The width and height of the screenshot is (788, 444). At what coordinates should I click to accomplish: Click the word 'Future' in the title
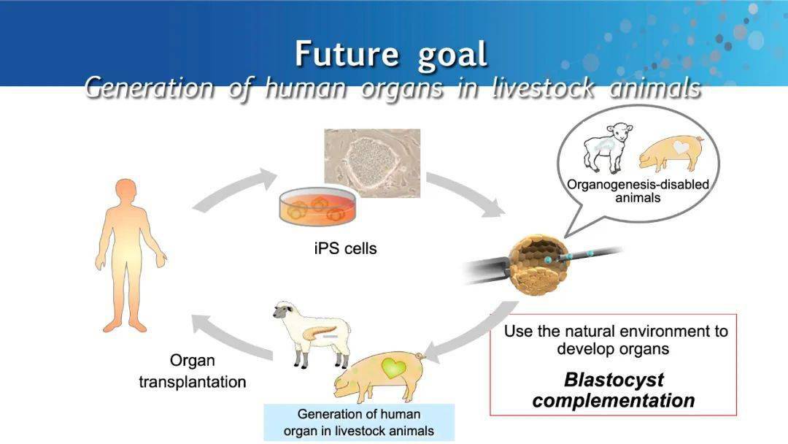click(347, 54)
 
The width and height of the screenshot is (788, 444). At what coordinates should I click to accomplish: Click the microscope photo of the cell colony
click(372, 163)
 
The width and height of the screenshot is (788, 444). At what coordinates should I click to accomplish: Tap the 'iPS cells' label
click(345, 248)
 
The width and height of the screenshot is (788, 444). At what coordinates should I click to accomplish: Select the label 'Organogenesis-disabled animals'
click(638, 191)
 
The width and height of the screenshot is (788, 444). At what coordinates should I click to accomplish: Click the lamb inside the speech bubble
click(606, 147)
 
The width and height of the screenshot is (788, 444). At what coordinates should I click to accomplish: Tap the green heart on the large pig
click(393, 368)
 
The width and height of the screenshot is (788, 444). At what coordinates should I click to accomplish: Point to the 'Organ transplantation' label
click(193, 371)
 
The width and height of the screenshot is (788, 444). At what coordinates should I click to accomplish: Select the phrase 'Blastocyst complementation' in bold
click(614, 390)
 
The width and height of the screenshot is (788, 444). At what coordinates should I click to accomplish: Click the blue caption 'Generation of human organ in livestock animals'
click(359, 422)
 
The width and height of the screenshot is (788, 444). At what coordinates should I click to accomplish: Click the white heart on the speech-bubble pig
click(681, 147)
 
